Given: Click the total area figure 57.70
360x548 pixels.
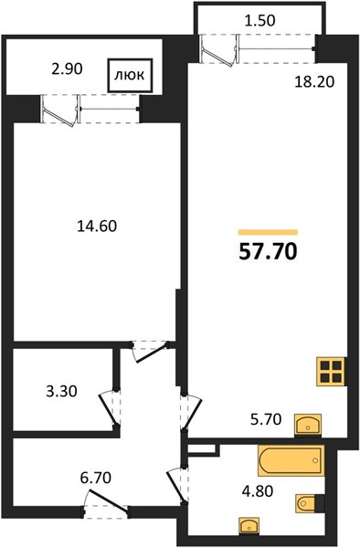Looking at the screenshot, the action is click(x=268, y=252).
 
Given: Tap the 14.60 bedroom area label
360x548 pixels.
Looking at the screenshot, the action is click(x=97, y=227).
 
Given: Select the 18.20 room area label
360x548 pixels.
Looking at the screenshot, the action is click(x=314, y=82).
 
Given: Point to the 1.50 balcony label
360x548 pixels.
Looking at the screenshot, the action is click(x=260, y=21).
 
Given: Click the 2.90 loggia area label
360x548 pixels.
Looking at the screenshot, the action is click(x=67, y=69).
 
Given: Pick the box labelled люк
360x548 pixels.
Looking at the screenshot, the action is click(x=130, y=75).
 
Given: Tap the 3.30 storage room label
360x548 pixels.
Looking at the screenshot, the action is click(x=61, y=392).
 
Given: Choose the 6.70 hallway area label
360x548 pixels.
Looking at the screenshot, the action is click(x=95, y=478).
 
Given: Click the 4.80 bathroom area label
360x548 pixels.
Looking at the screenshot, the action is click(x=258, y=491).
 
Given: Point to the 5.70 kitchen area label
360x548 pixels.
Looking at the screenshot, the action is click(x=266, y=419).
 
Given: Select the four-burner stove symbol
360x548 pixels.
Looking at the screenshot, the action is click(x=331, y=372).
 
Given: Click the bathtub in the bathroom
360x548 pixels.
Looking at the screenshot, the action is click(x=291, y=460).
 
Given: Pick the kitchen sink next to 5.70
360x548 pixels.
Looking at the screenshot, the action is click(x=308, y=425).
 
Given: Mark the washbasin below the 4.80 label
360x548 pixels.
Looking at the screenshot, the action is click(x=249, y=526).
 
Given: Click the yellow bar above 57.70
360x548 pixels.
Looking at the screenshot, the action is click(x=268, y=232).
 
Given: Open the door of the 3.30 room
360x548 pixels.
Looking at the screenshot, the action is click(x=109, y=409).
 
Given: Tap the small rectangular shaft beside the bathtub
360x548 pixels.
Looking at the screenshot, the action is click(x=203, y=449).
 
